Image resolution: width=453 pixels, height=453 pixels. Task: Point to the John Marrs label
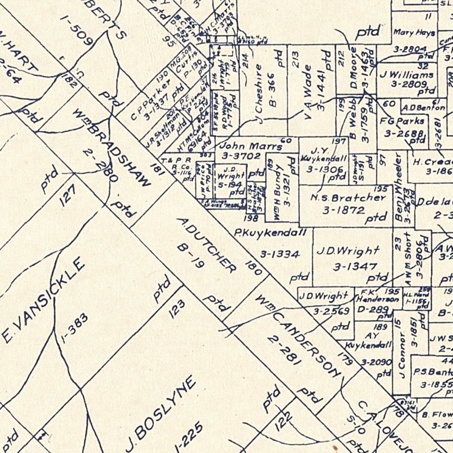(x=251, y=146)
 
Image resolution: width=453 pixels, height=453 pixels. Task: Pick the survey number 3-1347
(x=355, y=267)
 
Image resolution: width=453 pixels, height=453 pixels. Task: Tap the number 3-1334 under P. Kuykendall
(x=280, y=254)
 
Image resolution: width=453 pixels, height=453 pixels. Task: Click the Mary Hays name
(x=414, y=32)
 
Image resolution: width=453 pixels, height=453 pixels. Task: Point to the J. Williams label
(x=406, y=75)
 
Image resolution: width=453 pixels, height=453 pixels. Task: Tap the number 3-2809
(x=409, y=84)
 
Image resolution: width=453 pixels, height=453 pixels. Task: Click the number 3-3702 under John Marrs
(x=241, y=156)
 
